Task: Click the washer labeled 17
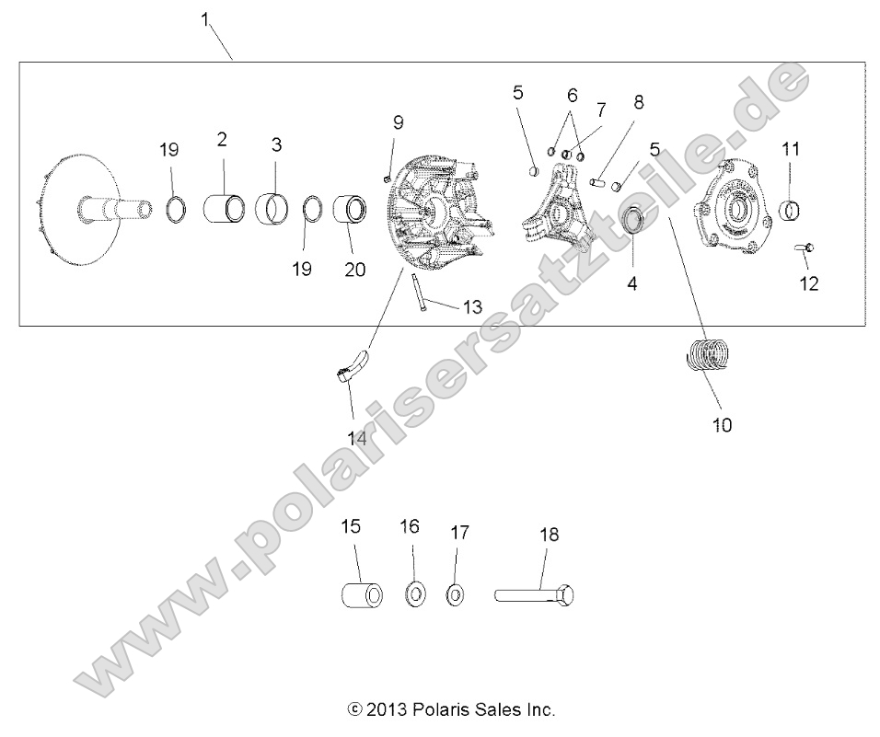[x=455, y=595]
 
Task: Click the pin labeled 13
[x=419, y=295]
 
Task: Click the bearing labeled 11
[x=791, y=210]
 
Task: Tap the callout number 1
[x=206, y=17]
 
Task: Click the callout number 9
[x=398, y=121]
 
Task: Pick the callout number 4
[x=631, y=284]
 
